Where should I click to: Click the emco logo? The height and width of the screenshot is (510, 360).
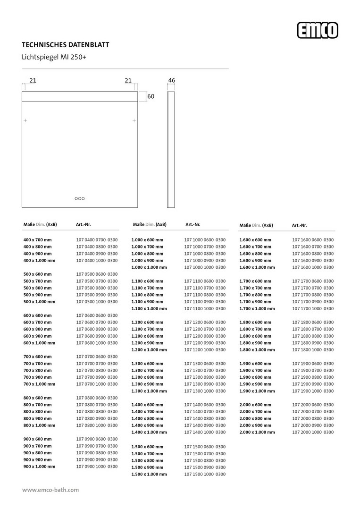coord(318,31)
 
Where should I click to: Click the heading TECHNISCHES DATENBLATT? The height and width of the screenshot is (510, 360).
coord(66,45)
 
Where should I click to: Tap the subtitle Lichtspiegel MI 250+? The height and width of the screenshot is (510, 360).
coord(54,58)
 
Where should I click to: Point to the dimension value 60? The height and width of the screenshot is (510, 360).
coord(151,96)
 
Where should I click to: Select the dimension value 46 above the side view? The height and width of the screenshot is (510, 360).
coord(171,81)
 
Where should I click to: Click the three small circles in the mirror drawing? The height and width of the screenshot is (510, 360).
coord(80,199)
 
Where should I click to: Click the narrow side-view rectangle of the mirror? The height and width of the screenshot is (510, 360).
coord(171,149)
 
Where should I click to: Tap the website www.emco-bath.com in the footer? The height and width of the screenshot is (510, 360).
coord(50,490)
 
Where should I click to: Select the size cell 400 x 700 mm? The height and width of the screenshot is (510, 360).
coord(38,240)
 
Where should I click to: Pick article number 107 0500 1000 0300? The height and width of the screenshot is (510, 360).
coord(97,301)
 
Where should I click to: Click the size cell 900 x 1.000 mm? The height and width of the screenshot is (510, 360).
coord(39,466)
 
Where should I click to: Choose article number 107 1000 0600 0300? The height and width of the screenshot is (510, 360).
coord(205,240)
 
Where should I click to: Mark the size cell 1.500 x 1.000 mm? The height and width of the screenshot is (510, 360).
coord(149,474)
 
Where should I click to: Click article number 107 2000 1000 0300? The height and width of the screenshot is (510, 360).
coord(313,432)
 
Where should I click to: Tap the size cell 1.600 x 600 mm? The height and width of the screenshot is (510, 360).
coord(255,240)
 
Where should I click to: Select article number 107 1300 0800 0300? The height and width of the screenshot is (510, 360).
coord(205,377)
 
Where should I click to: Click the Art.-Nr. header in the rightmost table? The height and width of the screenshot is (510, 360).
coord(299,225)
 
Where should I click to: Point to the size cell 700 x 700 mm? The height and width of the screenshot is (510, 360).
coord(38,363)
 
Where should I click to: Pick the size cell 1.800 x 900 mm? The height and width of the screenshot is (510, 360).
coord(255,343)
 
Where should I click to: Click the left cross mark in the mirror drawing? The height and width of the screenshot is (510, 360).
coord(25,121)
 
